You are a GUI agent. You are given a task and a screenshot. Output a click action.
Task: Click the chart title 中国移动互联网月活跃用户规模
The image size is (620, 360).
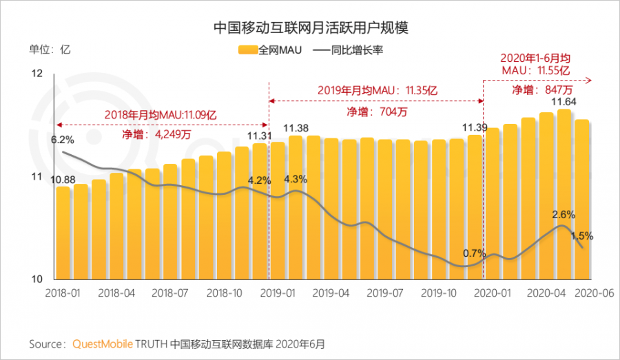310,28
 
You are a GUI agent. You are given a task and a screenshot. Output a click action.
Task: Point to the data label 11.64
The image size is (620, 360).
564,102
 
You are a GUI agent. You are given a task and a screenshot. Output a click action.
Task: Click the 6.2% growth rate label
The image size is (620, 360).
62,140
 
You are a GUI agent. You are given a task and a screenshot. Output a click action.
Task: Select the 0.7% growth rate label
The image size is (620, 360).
474,253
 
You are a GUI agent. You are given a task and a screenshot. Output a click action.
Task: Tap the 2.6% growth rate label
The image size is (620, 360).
564,214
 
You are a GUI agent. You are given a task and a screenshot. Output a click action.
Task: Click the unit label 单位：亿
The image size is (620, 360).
50,50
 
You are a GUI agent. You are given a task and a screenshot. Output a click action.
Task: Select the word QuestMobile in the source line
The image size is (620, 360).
103,343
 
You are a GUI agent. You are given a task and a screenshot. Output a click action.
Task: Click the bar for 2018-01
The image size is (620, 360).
63,234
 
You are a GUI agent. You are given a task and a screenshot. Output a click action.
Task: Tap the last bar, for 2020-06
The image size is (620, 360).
583,200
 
